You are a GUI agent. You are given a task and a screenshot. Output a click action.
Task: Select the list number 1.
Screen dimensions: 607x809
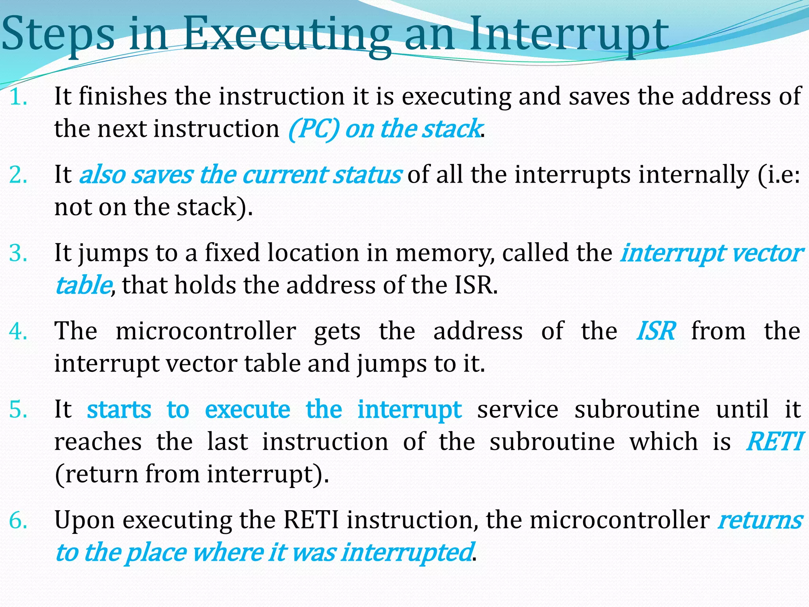pyautogui.click(x=18, y=97)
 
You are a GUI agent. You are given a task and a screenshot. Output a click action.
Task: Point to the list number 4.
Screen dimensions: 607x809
pyautogui.click(x=18, y=331)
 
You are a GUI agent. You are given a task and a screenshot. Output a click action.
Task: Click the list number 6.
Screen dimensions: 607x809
pyautogui.click(x=18, y=520)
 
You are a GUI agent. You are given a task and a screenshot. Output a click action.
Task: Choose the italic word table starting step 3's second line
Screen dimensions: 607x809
pyautogui.click(x=83, y=285)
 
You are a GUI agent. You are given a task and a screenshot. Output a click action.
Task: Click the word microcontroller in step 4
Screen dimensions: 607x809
pyautogui.click(x=206, y=331)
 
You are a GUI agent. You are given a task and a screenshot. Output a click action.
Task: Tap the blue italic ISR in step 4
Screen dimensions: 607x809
pyautogui.click(x=655, y=331)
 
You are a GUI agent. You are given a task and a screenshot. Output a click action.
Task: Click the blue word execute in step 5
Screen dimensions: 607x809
pyautogui.click(x=247, y=409)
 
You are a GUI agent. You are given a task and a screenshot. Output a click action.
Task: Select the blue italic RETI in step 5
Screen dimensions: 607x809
pyautogui.click(x=774, y=441)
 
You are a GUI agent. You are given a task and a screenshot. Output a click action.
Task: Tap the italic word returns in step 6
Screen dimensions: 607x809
pyautogui.click(x=760, y=520)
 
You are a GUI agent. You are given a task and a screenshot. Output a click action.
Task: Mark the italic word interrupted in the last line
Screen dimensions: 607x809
pyautogui.click(x=407, y=552)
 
